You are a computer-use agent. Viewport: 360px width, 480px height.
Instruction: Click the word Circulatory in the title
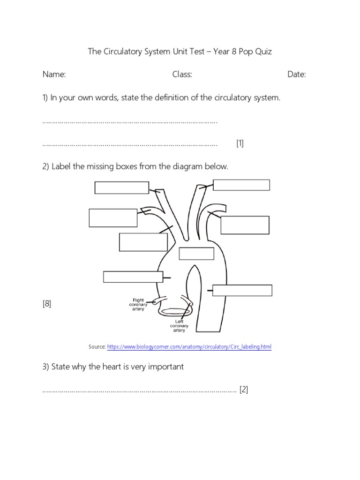pos(122,52)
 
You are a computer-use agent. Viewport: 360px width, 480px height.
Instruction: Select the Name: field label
pos(54,75)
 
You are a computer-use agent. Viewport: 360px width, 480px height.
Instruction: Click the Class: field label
pos(182,75)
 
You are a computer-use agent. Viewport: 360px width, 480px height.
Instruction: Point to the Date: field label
pos(296,75)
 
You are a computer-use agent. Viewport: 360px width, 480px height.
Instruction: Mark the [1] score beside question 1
pos(240,144)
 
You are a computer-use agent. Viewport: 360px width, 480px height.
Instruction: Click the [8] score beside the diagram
pos(47,304)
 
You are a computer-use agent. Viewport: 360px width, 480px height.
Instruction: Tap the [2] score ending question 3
pos(243,390)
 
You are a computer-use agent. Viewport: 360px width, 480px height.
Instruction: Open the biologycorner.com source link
pos(189,347)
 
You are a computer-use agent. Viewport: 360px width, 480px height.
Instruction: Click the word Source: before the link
pos(97,347)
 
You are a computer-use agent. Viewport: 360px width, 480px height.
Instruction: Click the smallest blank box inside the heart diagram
pos(196,253)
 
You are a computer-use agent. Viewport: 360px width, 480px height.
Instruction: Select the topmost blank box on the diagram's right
pos(241,185)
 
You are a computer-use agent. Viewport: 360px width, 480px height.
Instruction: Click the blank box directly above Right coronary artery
pos(133,277)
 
